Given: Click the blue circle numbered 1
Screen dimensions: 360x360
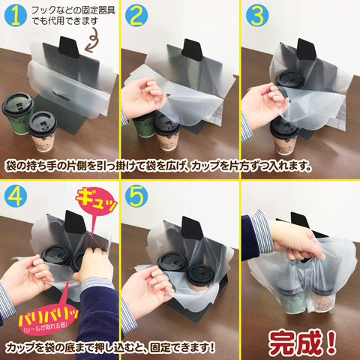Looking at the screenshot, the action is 16,16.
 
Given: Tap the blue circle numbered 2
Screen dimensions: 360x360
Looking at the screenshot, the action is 136,16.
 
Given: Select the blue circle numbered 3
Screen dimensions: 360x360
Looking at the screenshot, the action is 257,16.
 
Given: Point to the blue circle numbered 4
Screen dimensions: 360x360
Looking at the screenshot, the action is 16,196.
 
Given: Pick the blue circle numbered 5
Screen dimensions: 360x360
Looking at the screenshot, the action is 136,196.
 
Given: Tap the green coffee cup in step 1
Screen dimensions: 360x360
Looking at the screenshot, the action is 17,114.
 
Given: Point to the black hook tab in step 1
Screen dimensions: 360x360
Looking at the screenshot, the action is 68,47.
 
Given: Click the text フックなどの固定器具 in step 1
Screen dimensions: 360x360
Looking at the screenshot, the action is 73,10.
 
